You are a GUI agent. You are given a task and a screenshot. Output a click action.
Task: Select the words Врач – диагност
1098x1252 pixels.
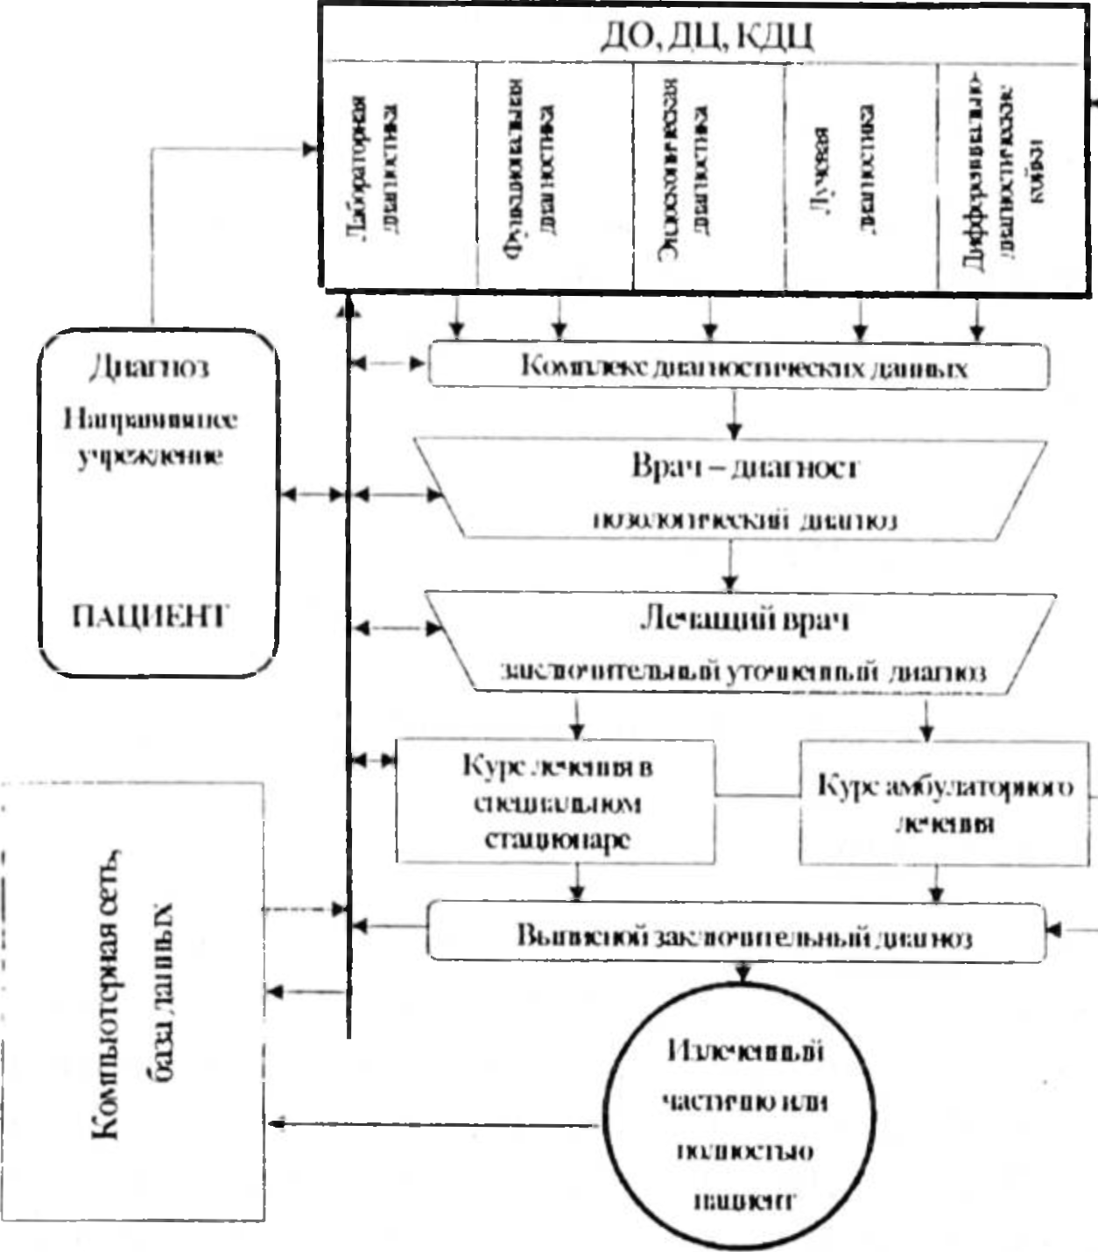pos(743,467)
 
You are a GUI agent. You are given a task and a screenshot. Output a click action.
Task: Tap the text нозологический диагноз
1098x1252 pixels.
pos(744,520)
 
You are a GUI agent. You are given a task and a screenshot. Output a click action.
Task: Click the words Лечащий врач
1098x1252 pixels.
pos(744,620)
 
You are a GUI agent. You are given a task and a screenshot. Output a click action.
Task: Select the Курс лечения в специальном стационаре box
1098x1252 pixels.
pos(557,802)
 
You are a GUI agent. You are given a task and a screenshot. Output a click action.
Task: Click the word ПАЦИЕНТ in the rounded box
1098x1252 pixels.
pos(148,617)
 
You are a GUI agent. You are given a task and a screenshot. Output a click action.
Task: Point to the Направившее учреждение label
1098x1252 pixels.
pos(150,437)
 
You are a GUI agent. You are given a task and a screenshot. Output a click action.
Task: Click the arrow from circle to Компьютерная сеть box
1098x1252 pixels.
pos(438,1123)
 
